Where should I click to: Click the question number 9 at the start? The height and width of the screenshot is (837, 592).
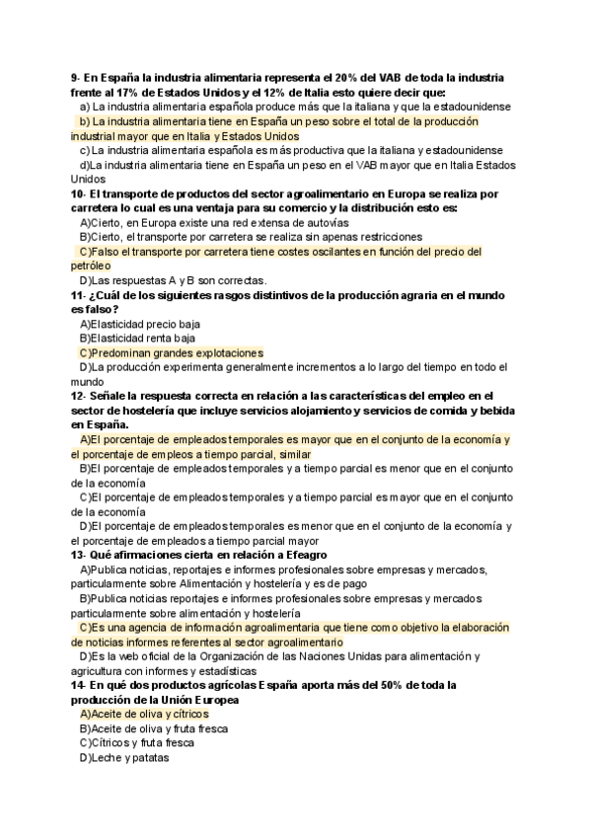coord(75,78)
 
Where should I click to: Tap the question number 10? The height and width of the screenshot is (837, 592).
coord(79,194)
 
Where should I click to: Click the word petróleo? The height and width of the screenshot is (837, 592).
coord(91,266)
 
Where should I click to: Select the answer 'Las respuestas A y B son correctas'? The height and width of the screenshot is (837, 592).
coord(174,280)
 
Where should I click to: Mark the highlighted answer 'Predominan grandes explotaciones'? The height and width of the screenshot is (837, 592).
coord(172,352)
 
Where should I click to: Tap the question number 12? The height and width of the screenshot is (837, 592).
coord(79,396)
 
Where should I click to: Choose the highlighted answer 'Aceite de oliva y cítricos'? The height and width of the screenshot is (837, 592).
coord(144,714)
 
